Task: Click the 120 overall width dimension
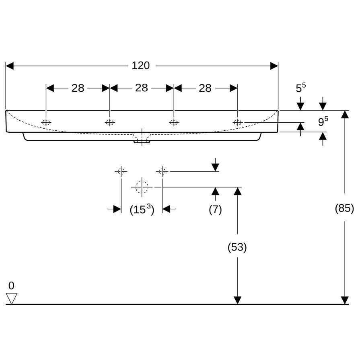pos(141,66)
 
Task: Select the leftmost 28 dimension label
pos(78,88)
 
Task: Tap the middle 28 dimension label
pos(142,88)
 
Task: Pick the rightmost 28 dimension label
pos(205,88)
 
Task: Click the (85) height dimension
pos(344,208)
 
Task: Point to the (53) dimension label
pos(237,247)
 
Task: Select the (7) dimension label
pos(216,210)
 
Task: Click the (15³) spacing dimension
pos(142,210)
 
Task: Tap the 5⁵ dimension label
pos(301,88)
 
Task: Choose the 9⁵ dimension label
pos(323,121)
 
